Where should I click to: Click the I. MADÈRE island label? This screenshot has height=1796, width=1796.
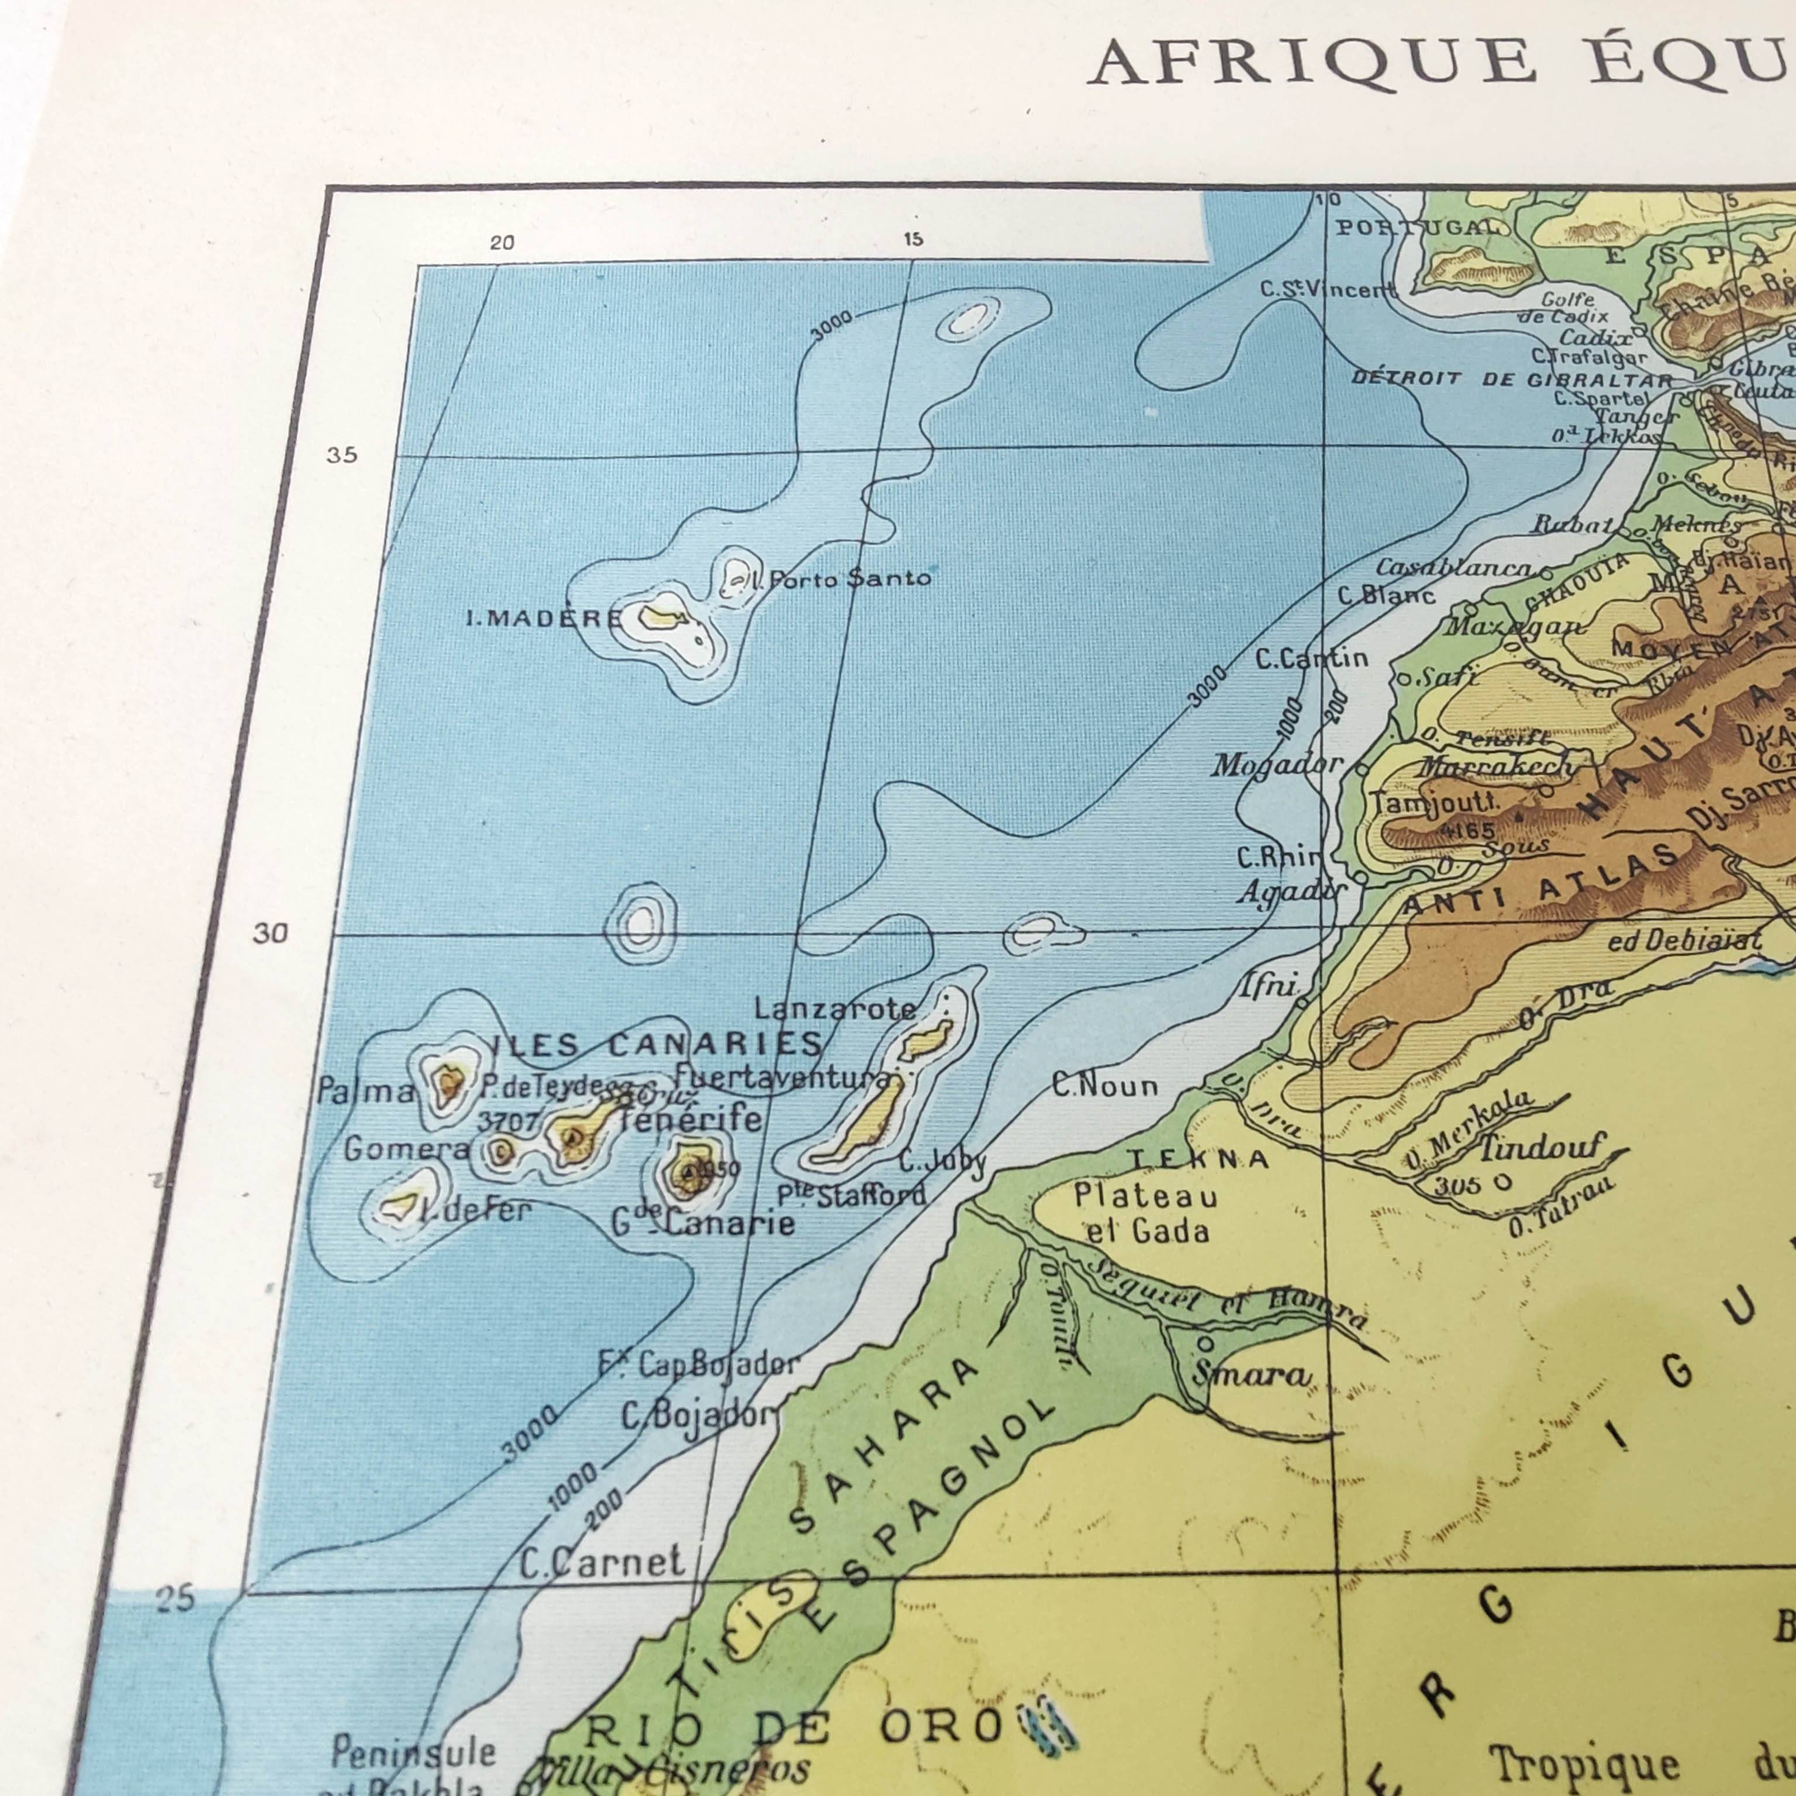click(x=543, y=618)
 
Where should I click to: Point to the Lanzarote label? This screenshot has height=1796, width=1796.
click(x=834, y=1008)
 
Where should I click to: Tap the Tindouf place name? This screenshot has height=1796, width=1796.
click(x=1541, y=1148)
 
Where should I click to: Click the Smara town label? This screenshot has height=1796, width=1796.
click(x=1251, y=1375)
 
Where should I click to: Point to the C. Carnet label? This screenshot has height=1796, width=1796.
click(x=602, y=1563)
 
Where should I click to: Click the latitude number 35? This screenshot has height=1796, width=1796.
click(x=341, y=455)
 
